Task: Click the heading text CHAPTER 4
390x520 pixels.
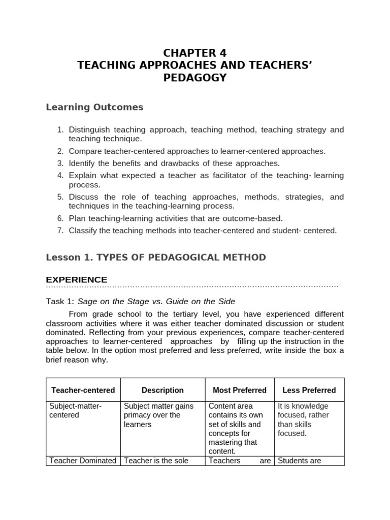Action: coord(195,53)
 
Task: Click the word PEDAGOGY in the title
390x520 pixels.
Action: coord(195,78)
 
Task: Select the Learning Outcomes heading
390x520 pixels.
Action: coord(94,107)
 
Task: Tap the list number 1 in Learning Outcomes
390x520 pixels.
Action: coord(60,130)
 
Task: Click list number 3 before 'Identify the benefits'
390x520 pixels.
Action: coord(60,163)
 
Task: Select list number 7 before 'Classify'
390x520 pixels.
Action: coord(60,231)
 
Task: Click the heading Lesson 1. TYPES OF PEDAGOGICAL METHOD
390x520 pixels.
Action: coord(155,257)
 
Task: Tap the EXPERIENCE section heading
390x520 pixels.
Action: coord(77,280)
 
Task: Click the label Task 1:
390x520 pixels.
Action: coord(60,301)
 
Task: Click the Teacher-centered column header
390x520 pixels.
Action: coord(83,390)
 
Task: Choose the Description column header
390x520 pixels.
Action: coord(162,390)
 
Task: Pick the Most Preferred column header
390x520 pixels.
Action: coord(239,390)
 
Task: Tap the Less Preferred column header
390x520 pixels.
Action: coord(309,390)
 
